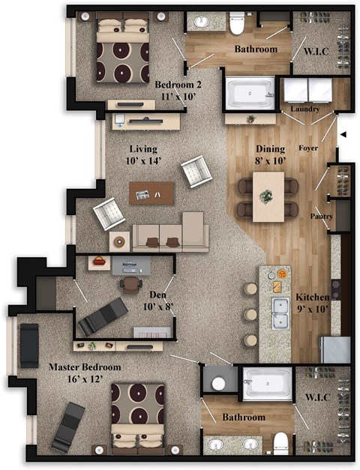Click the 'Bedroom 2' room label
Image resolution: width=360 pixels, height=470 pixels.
[x=175, y=85]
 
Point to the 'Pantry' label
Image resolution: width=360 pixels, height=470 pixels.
[x=322, y=217]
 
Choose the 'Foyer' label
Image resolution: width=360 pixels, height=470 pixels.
[x=308, y=148]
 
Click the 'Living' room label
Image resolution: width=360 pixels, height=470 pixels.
[x=142, y=148]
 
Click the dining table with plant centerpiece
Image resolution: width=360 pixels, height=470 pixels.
[x=268, y=196]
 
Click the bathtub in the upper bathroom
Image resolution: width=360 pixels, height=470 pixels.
[x=250, y=94]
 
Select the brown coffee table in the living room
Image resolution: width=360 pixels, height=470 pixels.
[x=151, y=192]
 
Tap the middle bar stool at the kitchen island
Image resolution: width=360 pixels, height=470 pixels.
[x=250, y=314]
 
